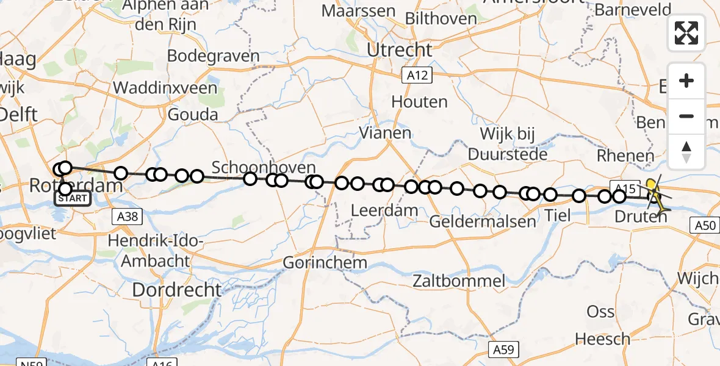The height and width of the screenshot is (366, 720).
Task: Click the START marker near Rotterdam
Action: click(x=74, y=198)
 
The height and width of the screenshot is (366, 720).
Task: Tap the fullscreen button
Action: click(x=686, y=33)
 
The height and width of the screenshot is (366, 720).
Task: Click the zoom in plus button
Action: click(x=686, y=81)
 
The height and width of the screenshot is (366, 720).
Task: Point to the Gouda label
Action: click(x=193, y=114)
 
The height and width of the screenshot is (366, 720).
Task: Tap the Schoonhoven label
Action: click(x=264, y=168)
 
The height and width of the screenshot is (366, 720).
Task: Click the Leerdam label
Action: click(x=385, y=211)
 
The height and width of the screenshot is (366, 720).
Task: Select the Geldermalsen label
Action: click(x=474, y=221)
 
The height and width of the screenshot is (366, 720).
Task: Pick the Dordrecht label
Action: click(x=176, y=290)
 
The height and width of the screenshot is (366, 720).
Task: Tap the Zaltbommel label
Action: click(x=458, y=281)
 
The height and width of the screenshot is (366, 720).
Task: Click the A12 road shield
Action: click(x=417, y=75)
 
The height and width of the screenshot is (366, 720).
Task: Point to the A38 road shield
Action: click(x=127, y=215)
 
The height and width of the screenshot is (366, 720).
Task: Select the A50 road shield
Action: click(x=705, y=226)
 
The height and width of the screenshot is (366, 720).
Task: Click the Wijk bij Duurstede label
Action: click(x=508, y=144)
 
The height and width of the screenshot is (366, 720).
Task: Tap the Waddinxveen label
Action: click(x=165, y=88)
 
